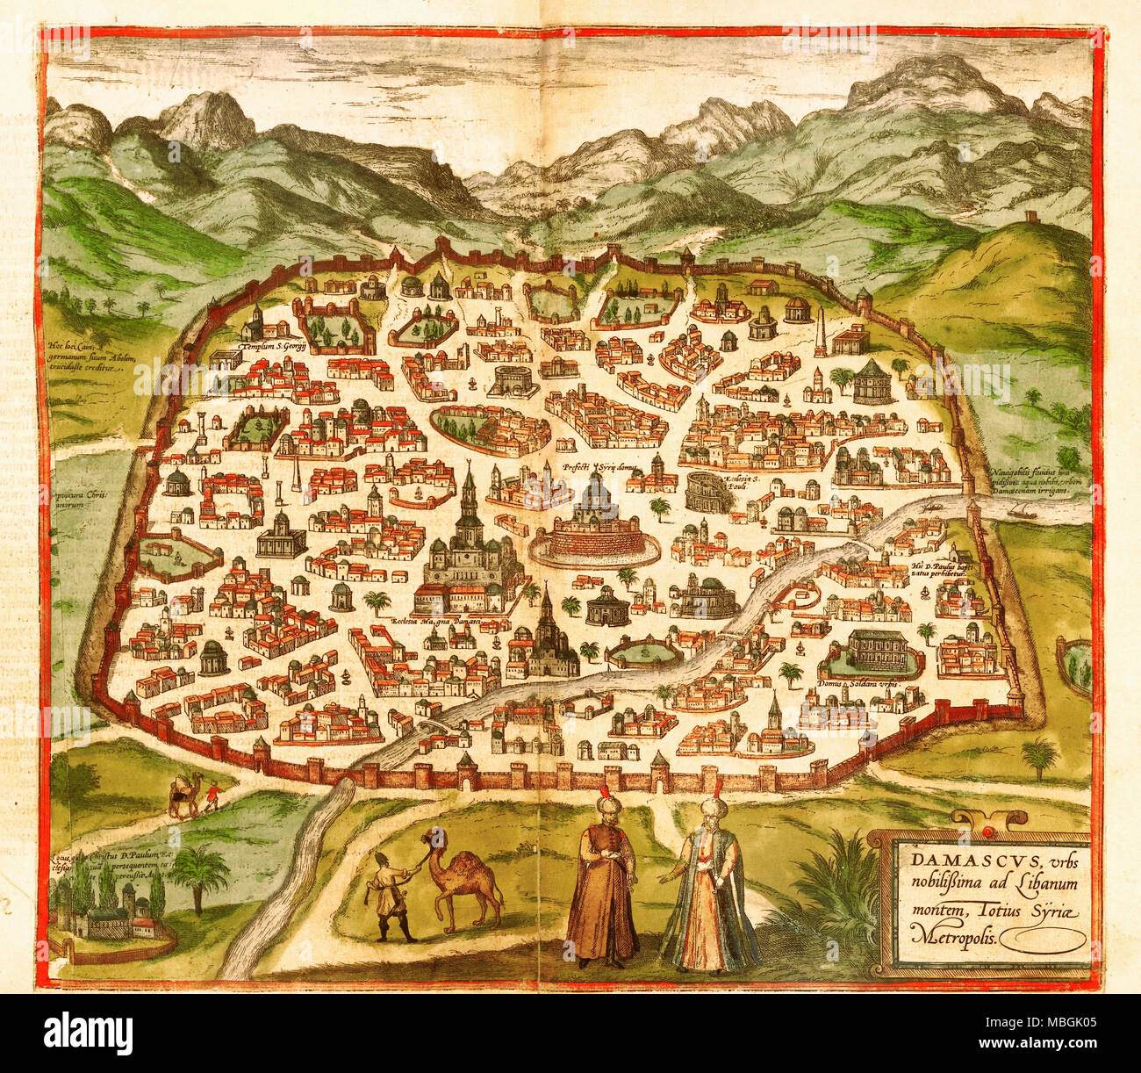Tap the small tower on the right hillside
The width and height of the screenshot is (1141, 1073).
(1037, 218)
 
